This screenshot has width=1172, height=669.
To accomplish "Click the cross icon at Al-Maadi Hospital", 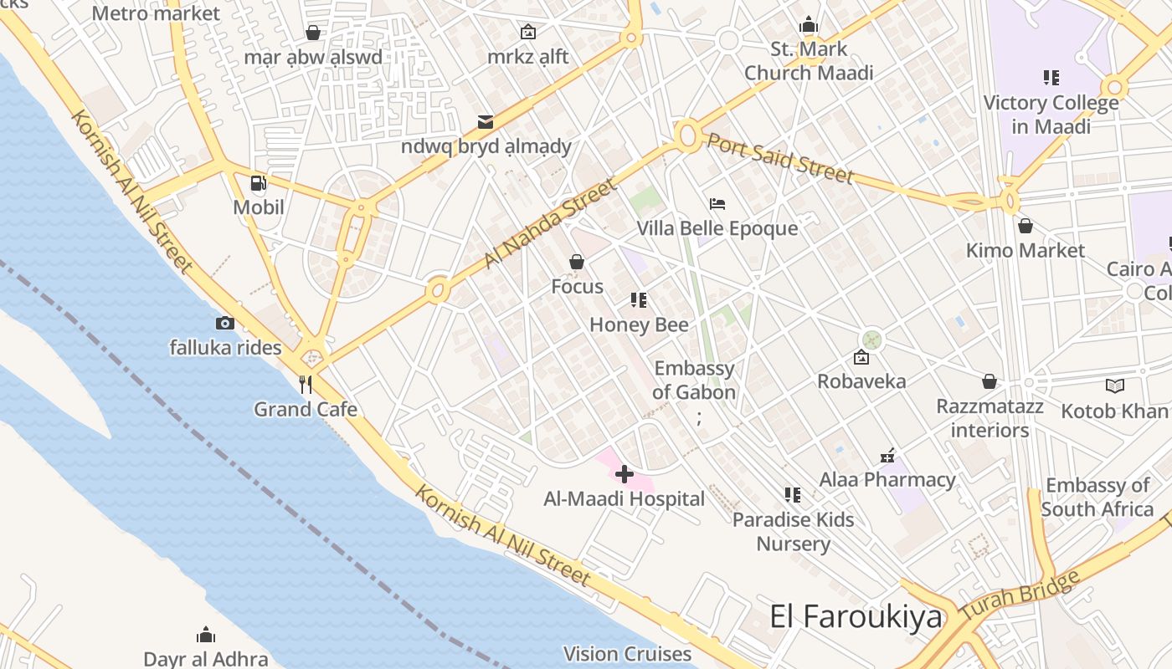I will [x=624, y=474].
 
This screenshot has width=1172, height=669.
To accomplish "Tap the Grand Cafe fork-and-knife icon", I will [x=306, y=385].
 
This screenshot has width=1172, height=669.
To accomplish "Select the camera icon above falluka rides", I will [x=224, y=323].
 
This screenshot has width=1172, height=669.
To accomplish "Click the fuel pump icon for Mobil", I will [x=259, y=183].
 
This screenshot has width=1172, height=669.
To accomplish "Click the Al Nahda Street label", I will [x=549, y=223].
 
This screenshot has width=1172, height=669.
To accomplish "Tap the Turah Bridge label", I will [x=1020, y=595].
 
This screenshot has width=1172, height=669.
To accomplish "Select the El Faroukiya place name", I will [x=856, y=617].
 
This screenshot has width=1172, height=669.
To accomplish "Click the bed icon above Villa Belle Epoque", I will [x=717, y=204].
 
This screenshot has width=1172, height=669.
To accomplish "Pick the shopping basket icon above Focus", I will [x=577, y=263].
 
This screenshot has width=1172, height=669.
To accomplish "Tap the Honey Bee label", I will [x=639, y=324].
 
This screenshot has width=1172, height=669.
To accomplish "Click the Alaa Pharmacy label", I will [x=887, y=480].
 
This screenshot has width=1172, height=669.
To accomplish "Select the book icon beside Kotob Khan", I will [x=1114, y=386].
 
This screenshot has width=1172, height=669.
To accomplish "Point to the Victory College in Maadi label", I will [x=1051, y=115].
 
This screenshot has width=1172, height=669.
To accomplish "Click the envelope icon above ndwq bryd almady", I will [x=486, y=122].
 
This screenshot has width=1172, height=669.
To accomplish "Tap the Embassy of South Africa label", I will [x=1097, y=497].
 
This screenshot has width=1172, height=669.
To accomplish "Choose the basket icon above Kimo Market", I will [x=1025, y=226].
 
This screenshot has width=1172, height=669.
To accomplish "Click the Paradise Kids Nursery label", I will [x=793, y=531].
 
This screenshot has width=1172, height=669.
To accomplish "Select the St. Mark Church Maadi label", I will [x=809, y=61].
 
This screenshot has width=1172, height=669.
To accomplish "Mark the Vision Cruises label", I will [x=627, y=654].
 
